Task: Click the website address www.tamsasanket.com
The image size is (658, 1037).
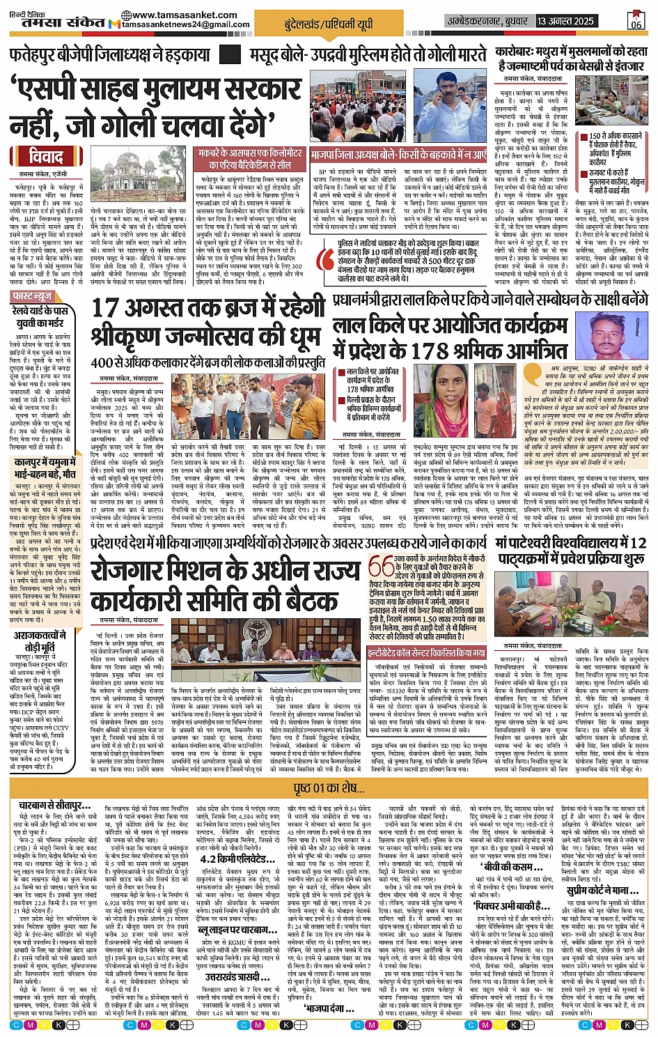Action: click(x=180, y=15)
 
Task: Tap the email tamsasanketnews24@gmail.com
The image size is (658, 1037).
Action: click(x=187, y=24)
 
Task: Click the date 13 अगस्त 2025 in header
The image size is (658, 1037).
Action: click(x=565, y=21)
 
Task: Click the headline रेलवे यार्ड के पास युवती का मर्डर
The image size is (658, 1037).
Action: click(x=41, y=317)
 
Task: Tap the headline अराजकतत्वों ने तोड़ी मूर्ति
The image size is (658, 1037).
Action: click(x=41, y=641)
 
